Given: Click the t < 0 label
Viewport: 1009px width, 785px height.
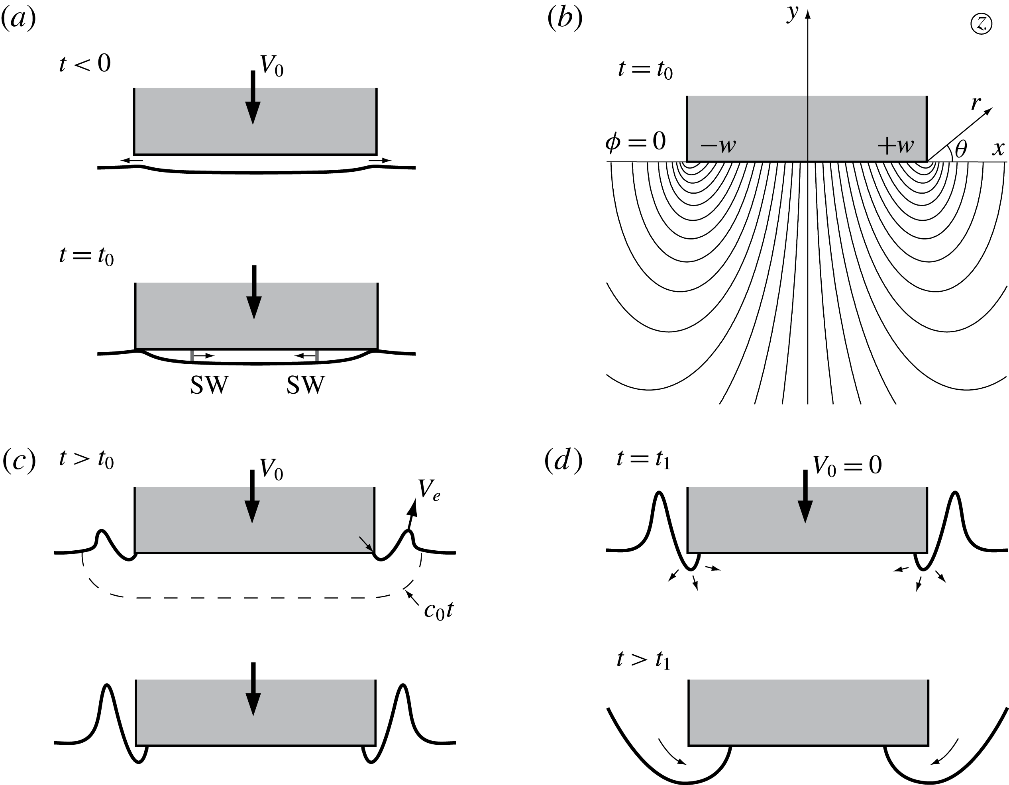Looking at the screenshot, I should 85,63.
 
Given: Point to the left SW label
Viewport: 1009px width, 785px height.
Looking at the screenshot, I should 209,385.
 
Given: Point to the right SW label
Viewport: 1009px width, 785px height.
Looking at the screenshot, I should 305,385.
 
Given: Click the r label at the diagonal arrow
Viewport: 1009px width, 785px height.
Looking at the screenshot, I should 975,104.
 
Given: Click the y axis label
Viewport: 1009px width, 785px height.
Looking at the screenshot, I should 793,14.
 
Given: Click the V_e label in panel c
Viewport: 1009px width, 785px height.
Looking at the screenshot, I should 429,489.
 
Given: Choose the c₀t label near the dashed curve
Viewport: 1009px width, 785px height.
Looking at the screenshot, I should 438,611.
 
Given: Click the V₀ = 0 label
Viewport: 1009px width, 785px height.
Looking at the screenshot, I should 847,465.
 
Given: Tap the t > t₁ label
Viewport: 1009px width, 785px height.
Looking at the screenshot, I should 643,660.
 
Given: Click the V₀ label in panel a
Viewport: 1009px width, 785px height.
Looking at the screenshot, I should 272,67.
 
